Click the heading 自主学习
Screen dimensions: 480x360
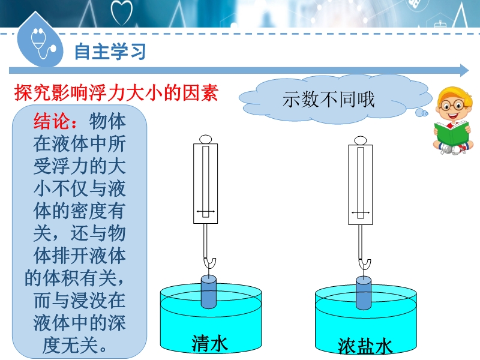tap(110, 51)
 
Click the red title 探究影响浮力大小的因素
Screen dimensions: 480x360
tap(116, 92)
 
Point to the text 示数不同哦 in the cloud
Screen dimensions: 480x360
tap(328, 100)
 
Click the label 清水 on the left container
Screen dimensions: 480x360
tap(210, 343)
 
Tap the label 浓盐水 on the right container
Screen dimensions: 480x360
tap(365, 346)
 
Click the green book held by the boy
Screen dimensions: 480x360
tap(452, 133)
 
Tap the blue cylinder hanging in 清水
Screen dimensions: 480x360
tap(209, 292)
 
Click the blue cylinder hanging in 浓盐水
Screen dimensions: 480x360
tap(364, 293)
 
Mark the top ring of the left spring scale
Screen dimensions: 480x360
tap(205, 140)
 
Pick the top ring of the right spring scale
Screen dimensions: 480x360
tap(361, 141)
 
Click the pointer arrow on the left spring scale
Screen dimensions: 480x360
tap(205, 211)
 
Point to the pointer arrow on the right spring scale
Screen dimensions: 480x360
tap(361, 212)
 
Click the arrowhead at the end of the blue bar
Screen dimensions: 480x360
tap(464, 71)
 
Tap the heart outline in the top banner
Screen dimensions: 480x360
tap(122, 12)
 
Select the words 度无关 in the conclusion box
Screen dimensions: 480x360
tap(70, 346)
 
